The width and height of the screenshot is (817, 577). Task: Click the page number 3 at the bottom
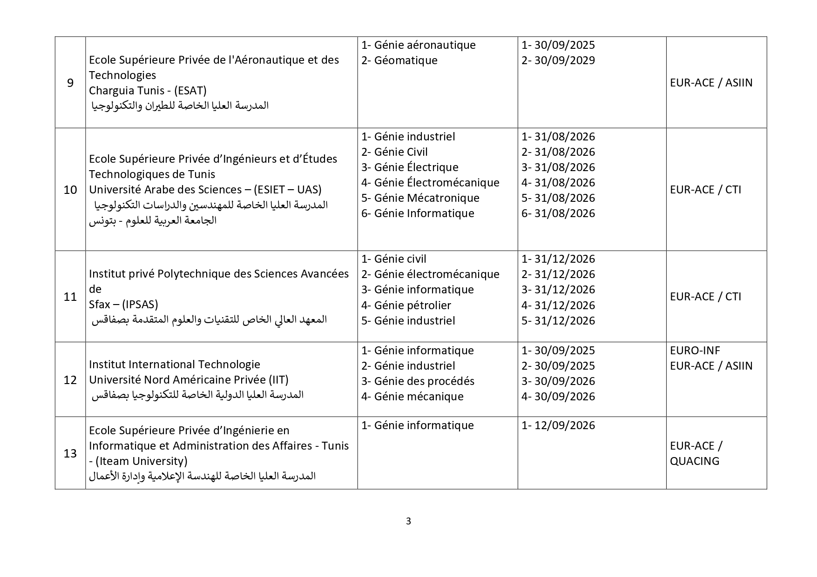pyautogui.click(x=408, y=521)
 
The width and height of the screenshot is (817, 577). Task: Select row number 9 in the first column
pyautogui.click(x=70, y=83)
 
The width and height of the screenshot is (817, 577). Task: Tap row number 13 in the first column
pyautogui.click(x=70, y=453)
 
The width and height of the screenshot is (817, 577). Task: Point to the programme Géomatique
pyautogui.click(x=405, y=60)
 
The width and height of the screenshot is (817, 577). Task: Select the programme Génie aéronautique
pyautogui.click(x=425, y=45)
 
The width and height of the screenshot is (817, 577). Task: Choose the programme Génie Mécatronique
pyautogui.click(x=426, y=198)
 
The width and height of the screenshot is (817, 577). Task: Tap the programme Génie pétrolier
pyautogui.click(x=412, y=305)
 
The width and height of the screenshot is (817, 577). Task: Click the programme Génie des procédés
pyautogui.click(x=424, y=381)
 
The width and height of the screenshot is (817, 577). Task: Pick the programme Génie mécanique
pyautogui.click(x=419, y=397)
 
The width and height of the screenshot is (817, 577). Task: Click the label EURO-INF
pyautogui.click(x=695, y=351)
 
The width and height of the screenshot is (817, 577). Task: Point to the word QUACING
pyautogui.click(x=695, y=461)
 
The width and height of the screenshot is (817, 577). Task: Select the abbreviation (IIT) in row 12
pyautogui.click(x=278, y=380)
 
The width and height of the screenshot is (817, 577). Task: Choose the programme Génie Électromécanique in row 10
pyautogui.click(x=436, y=183)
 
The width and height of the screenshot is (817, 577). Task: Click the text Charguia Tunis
pyautogui.click(x=121, y=90)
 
